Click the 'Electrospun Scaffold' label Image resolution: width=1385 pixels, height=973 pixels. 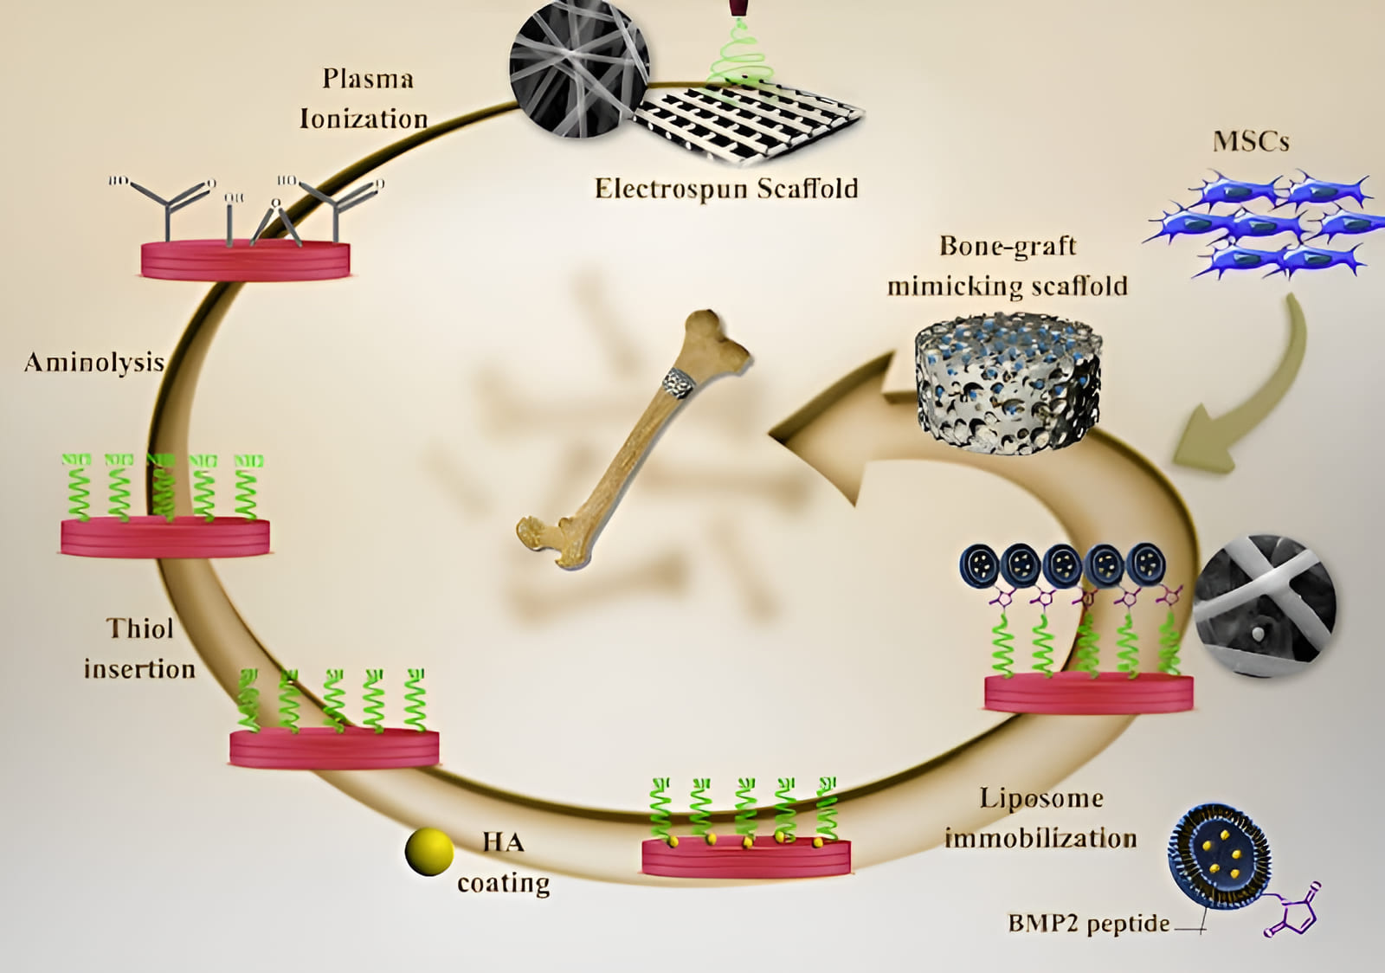click(725, 189)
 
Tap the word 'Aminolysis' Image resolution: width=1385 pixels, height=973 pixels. click(94, 362)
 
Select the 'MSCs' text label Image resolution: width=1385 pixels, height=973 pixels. click(1251, 141)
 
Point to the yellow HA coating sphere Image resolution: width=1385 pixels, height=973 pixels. click(428, 852)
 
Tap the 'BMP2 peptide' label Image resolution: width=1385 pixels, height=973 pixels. click(1088, 923)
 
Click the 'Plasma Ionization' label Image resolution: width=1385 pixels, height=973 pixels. click(364, 99)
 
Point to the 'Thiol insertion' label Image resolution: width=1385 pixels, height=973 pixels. click(139, 648)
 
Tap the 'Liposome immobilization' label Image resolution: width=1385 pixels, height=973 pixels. click(1040, 818)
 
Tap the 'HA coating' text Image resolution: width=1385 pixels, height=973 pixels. click(503, 862)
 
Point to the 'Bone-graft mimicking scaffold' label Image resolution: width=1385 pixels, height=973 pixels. click(1008, 266)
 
